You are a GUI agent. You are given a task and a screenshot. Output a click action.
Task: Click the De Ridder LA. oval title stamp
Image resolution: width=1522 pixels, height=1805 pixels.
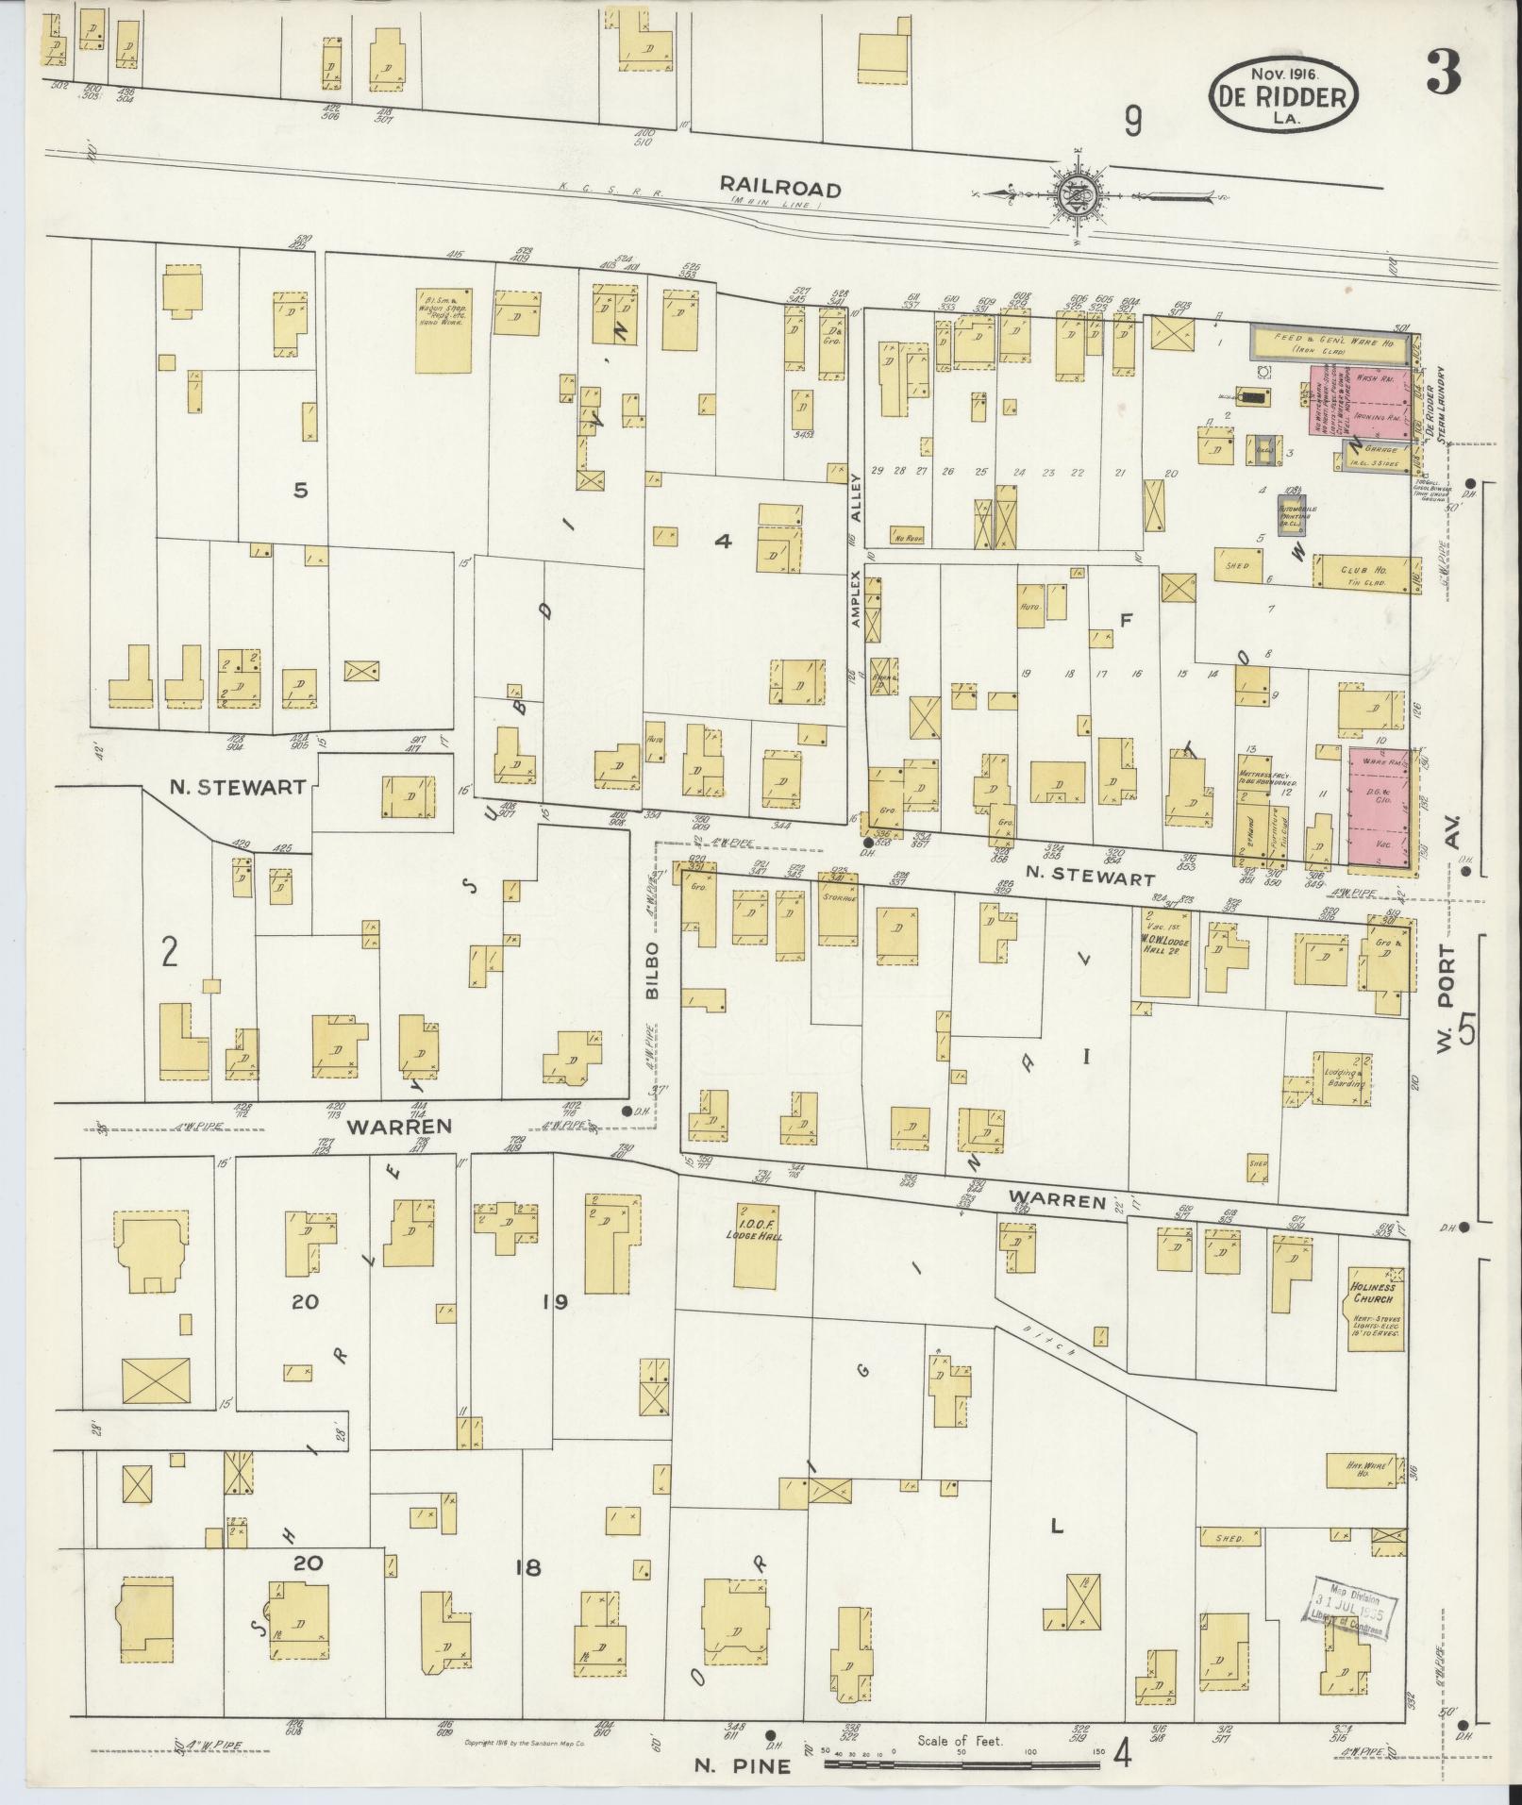coord(1285,94)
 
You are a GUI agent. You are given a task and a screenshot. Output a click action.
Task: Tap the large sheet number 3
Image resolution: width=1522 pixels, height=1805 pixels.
coord(1443,74)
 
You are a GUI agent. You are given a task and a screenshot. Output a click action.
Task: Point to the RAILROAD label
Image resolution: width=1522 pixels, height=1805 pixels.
coord(779,189)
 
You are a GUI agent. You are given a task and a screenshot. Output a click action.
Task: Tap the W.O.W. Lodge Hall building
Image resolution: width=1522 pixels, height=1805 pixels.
coord(1164,953)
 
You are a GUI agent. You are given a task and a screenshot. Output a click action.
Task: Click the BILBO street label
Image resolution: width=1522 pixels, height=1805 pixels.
coord(650,969)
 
